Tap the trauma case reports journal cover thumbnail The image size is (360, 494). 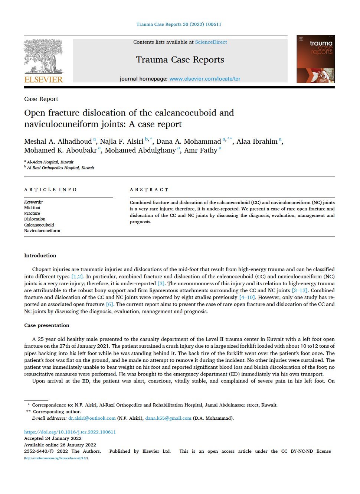pyautogui.click(x=315, y=59)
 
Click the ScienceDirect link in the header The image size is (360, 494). pyautogui.click(x=211, y=42)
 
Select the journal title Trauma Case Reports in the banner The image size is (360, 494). pyautogui.click(x=180, y=60)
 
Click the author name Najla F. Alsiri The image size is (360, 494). pyautogui.click(x=122, y=142)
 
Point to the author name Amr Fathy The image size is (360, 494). pyautogui.click(x=201, y=150)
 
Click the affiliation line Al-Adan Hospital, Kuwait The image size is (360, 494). pyautogui.click(x=50, y=162)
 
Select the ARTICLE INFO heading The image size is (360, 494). pyautogui.click(x=50, y=190)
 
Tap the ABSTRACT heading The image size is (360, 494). pyautogui.click(x=149, y=190)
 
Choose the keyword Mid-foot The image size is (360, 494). pyautogui.click(x=32, y=208)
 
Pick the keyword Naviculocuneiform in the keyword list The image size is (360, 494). pyautogui.click(x=42, y=231)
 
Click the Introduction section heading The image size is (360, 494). pyautogui.click(x=40, y=256)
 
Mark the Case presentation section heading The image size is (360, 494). pyautogui.click(x=47, y=325)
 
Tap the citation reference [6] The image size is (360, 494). pyautogui.click(x=109, y=304)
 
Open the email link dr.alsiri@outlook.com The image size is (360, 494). pyautogui.click(x=92, y=418)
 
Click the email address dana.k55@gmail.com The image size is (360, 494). pyautogui.click(x=168, y=418)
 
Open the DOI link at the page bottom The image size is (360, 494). pyautogui.click(x=70, y=432)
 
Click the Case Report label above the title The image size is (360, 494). pyautogui.click(x=41, y=99)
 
